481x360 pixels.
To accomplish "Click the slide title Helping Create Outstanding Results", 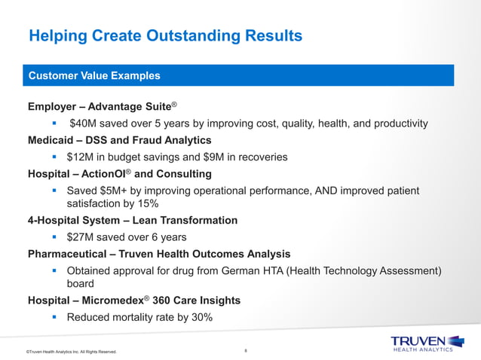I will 165,36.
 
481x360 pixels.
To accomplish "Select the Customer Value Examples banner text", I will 93,76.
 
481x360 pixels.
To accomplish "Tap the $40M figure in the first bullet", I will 83,124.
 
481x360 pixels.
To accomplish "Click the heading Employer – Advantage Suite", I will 102,106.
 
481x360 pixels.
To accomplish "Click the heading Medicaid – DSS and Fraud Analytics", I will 119,140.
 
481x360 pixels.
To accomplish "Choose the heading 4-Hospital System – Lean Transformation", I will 132,221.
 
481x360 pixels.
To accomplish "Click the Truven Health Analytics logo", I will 422,342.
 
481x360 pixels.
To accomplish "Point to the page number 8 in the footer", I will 246,350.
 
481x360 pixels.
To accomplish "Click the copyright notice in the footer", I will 71,352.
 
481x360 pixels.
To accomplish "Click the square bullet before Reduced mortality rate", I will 55,317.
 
